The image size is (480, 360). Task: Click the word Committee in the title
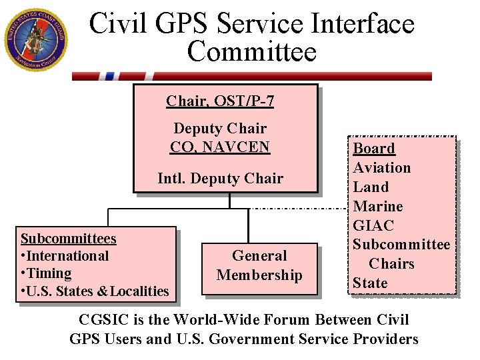252,51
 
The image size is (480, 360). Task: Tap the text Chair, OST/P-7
220,101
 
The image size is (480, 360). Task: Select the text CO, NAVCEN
220,146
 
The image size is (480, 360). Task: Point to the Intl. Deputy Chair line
220,178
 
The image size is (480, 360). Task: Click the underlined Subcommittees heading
69,239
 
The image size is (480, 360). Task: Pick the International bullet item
65,256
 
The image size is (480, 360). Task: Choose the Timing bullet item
46,273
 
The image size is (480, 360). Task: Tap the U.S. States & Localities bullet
95,291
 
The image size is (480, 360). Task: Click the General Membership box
259,265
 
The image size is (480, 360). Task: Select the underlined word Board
374,149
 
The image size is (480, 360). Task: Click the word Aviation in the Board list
382,168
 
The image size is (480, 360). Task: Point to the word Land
371,187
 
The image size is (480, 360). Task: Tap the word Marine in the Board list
378,207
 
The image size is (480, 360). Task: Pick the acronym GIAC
373,226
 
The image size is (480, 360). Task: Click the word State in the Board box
370,283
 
